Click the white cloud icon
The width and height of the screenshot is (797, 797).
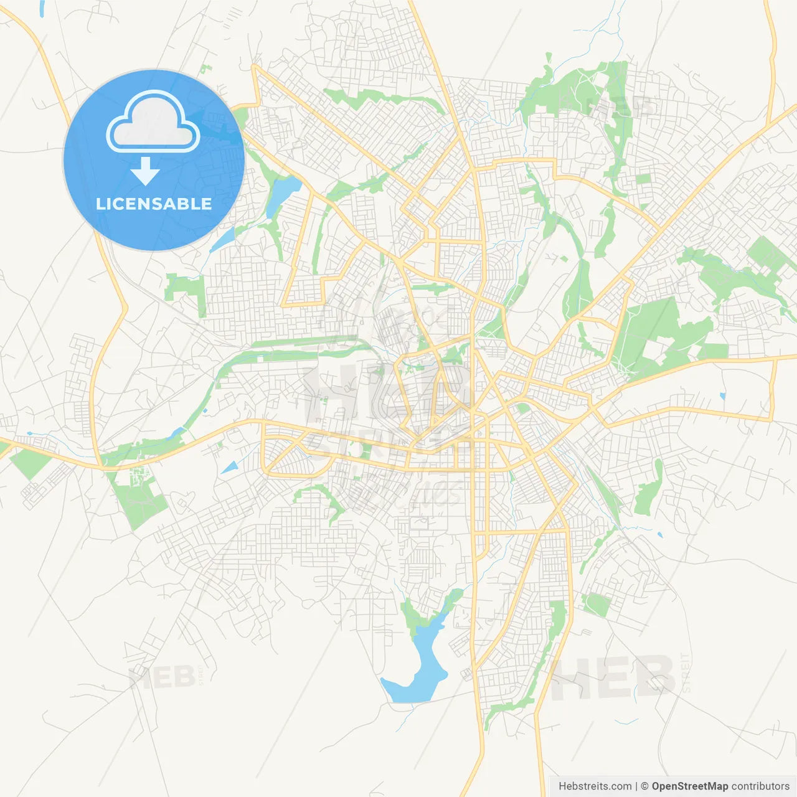click(153, 123)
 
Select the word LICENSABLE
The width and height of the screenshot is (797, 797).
click(154, 204)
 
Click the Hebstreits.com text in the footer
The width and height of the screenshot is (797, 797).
click(595, 786)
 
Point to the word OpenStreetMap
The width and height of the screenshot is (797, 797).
click(689, 786)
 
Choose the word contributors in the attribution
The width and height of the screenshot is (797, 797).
click(760, 786)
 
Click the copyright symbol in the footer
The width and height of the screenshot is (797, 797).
click(644, 786)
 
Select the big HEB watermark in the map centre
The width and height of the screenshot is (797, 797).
click(386, 392)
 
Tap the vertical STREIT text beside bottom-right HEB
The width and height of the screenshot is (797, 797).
click(686, 672)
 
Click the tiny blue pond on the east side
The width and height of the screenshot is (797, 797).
click(722, 395)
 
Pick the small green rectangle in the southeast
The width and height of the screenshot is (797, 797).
click(598, 605)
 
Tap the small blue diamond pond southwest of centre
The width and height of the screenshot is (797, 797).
click(229, 467)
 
